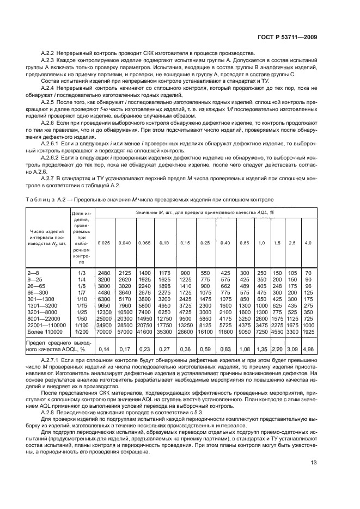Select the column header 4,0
click(308, 242)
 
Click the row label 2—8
click(33, 272)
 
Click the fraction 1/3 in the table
click(82, 272)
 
